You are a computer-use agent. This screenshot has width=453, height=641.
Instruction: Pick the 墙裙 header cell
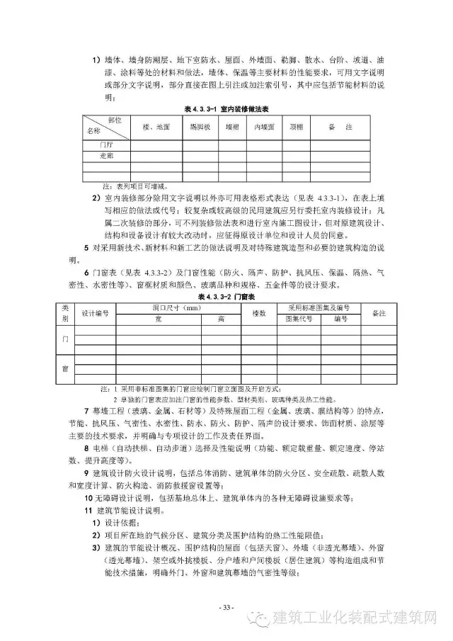coord(232,127)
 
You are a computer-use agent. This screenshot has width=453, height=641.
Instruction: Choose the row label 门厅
coord(107,144)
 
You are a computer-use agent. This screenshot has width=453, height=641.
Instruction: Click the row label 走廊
coord(107,154)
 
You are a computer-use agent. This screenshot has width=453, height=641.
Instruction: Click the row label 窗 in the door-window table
coord(65,369)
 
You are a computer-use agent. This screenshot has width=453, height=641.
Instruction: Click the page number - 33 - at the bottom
coord(226,607)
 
